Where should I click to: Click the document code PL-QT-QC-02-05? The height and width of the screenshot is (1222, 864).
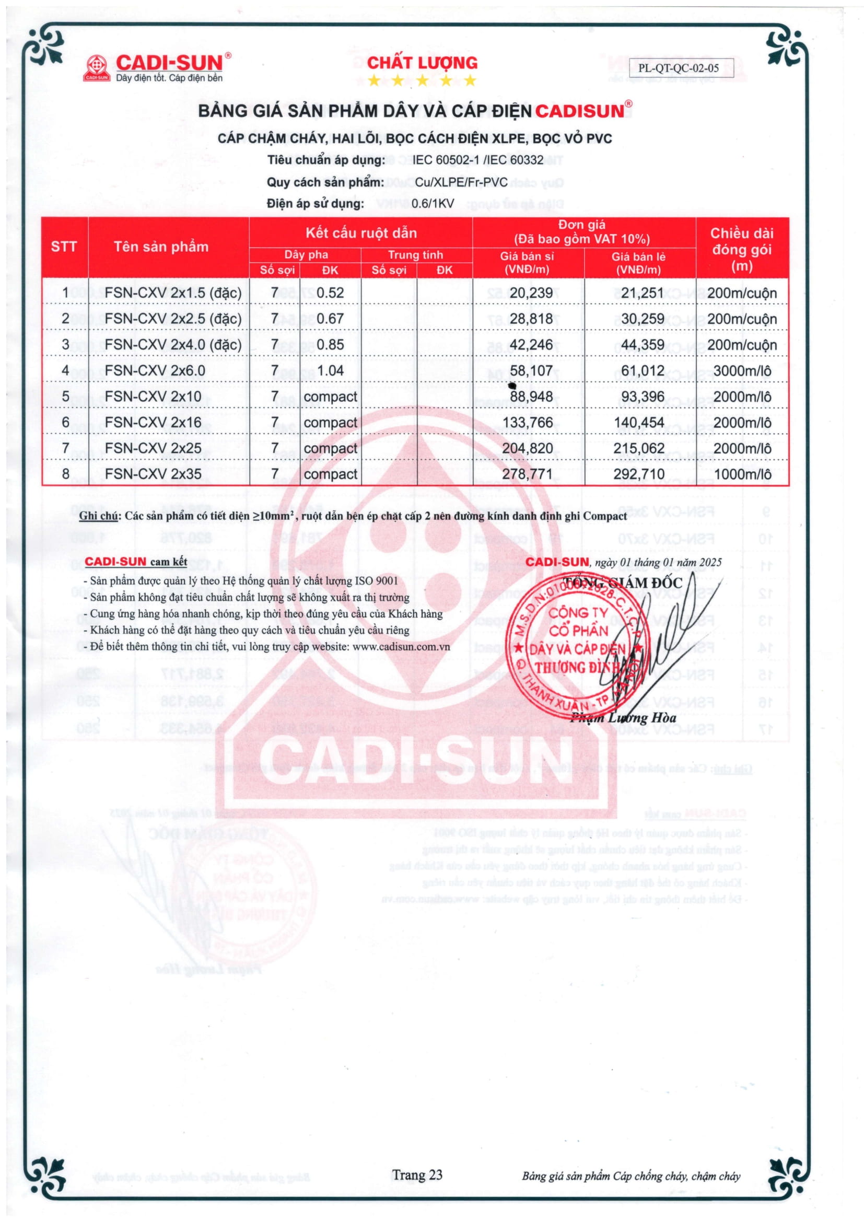(x=679, y=68)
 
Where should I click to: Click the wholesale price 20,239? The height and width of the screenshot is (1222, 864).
(x=531, y=293)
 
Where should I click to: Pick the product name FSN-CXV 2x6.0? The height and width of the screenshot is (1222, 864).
(x=147, y=370)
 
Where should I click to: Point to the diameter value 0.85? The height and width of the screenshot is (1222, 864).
(x=330, y=344)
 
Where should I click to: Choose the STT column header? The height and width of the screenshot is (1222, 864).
(x=64, y=247)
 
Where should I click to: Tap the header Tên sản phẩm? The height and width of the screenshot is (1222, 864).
(x=161, y=247)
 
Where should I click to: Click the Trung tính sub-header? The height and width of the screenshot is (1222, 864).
(x=415, y=255)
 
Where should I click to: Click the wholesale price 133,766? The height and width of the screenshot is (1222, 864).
(x=528, y=422)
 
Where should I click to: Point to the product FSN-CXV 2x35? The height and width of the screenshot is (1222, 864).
(x=153, y=474)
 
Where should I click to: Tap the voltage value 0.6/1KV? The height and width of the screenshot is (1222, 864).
(x=433, y=203)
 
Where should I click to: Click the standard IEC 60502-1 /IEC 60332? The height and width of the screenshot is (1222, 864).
(x=478, y=160)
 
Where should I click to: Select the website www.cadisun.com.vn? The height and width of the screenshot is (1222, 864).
(x=401, y=647)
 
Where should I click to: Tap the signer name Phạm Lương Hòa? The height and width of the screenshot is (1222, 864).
(x=623, y=718)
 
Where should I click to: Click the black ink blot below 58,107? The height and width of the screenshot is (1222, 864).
(x=512, y=386)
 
